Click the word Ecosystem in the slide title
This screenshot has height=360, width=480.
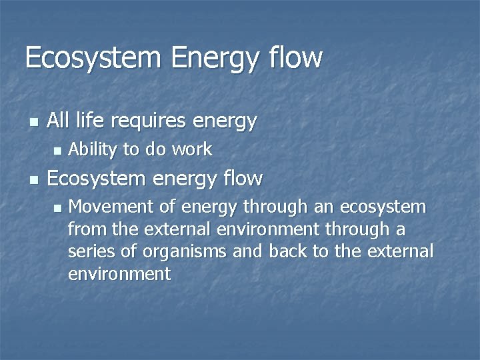(x=93, y=58)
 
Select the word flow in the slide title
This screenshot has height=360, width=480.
(x=297, y=58)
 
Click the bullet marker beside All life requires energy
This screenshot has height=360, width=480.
(x=33, y=123)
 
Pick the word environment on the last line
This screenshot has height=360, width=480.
(x=119, y=274)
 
